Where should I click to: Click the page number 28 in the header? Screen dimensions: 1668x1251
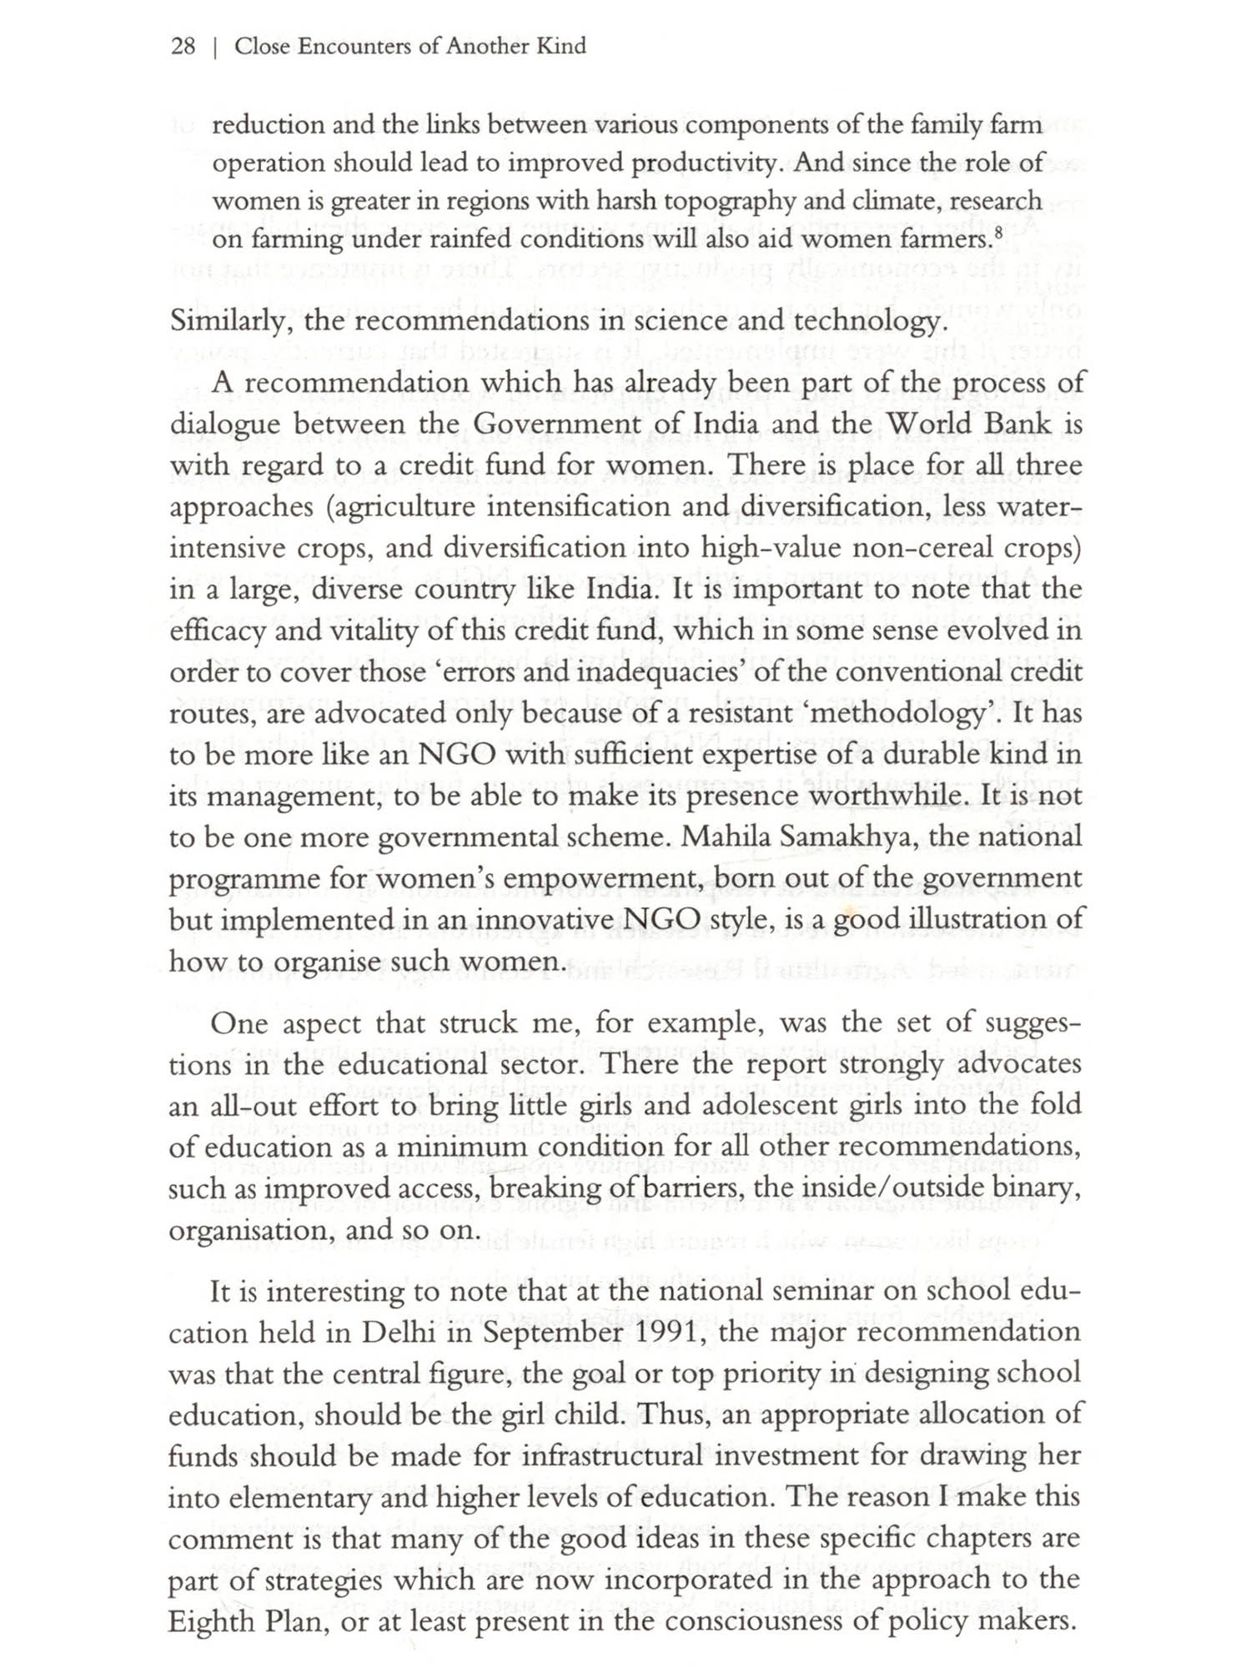(183, 46)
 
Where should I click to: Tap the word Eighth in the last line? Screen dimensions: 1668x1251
(213, 1622)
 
